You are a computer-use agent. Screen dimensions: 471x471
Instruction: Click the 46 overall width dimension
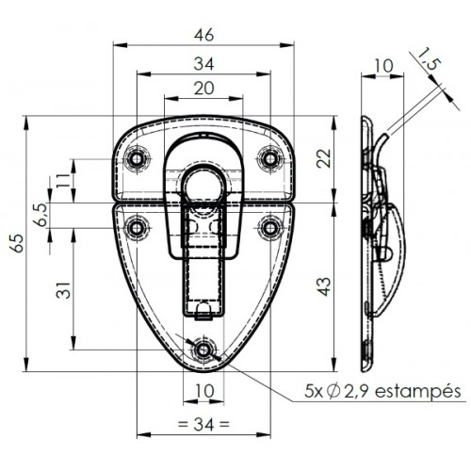pos(203,35)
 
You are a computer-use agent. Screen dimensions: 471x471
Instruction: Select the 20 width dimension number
pos(203,89)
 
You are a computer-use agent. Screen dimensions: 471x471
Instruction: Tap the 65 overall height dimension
pos(17,243)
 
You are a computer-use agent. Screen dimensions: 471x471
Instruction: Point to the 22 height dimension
pos(324,158)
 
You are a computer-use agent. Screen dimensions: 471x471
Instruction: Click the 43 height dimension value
pos(324,286)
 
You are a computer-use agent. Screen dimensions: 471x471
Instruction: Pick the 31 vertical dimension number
pos(63,289)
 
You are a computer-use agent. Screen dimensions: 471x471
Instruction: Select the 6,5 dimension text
pos(41,215)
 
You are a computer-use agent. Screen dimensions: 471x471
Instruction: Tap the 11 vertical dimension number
pos(63,180)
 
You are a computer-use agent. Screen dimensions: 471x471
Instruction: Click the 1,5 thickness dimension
pos(430,59)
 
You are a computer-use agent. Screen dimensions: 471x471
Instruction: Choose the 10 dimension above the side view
pos(383,66)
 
